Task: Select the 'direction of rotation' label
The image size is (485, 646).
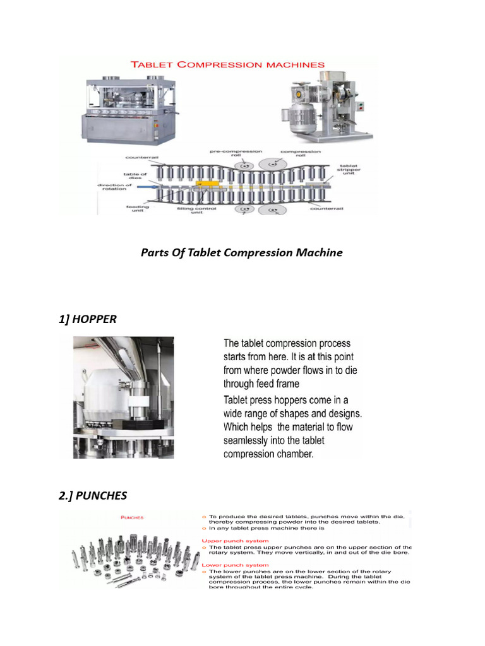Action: click(x=114, y=187)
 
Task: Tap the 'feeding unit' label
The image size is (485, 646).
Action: click(x=137, y=209)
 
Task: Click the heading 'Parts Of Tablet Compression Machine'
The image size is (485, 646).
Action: click(x=241, y=252)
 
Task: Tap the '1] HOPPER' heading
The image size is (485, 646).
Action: click(x=88, y=319)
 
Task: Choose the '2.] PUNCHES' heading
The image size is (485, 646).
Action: click(x=93, y=496)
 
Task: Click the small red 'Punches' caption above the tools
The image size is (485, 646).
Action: click(x=132, y=517)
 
